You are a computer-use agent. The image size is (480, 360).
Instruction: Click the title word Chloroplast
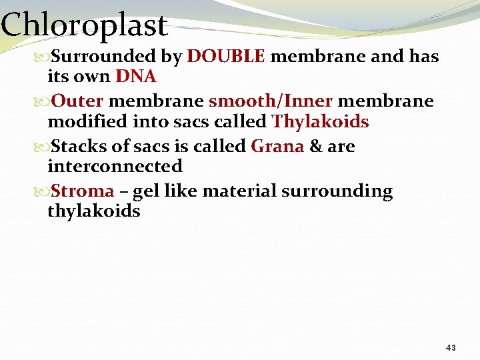(83, 25)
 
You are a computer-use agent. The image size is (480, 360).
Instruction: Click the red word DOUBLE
(227, 57)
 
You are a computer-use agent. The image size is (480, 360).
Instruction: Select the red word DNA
(135, 77)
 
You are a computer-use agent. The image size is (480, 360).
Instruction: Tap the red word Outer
(77, 101)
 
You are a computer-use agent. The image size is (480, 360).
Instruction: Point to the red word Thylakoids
(320, 121)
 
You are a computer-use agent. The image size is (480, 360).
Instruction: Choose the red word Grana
(277, 146)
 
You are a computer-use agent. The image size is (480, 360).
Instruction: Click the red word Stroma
(83, 191)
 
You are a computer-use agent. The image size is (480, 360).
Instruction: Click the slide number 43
(451, 348)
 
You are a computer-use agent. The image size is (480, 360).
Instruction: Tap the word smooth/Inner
(271, 101)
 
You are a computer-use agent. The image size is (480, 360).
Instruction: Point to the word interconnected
(115, 166)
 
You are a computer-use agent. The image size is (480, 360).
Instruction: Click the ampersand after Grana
(315, 146)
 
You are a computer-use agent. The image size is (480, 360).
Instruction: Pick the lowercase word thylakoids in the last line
(93, 211)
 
